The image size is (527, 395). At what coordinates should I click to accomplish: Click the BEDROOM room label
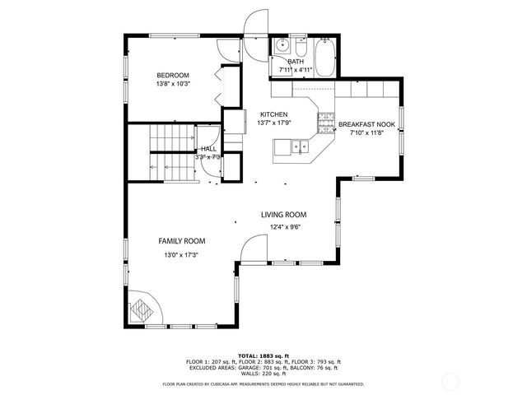[173, 75]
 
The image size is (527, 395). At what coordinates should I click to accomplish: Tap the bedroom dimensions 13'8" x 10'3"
[173, 84]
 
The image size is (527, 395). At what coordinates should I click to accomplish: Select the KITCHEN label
[273, 114]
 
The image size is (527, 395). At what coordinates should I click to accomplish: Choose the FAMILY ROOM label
[182, 241]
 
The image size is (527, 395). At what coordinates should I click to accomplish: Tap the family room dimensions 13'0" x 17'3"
[182, 255]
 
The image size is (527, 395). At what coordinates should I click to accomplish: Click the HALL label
[208, 149]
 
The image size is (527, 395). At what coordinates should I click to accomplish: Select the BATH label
[296, 61]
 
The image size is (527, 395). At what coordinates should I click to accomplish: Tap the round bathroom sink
[280, 46]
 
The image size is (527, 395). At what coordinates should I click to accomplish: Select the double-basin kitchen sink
[295, 148]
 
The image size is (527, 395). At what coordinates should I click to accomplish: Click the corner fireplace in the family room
[142, 311]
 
